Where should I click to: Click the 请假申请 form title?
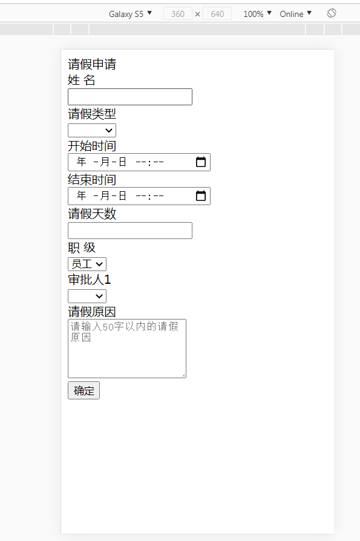[x=92, y=64]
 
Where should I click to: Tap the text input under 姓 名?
[x=130, y=97]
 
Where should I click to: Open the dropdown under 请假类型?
[x=92, y=131]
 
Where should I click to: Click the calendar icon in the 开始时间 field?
[x=201, y=162]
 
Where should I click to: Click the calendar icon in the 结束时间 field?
[x=201, y=195]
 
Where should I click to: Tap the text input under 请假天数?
[x=130, y=231]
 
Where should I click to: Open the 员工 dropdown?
[x=87, y=264]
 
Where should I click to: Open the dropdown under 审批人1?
[x=87, y=296]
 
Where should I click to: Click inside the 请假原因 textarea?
[x=127, y=349]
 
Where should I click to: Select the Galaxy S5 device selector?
[x=130, y=14]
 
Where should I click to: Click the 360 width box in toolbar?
[x=178, y=14]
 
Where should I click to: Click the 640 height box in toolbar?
[x=217, y=14]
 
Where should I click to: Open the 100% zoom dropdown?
[x=258, y=14]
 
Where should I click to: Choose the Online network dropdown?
[x=295, y=14]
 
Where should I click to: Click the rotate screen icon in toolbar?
[x=332, y=13]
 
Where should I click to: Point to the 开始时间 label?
[x=92, y=146]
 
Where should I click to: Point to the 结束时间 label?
[x=92, y=180]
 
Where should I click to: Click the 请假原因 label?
[x=92, y=312]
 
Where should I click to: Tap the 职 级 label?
[x=82, y=248]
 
